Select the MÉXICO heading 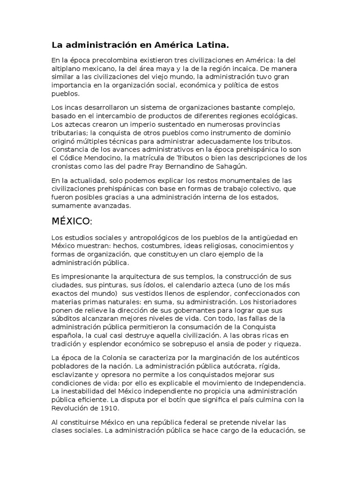pos(72,221)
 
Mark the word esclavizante pos(74,374)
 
